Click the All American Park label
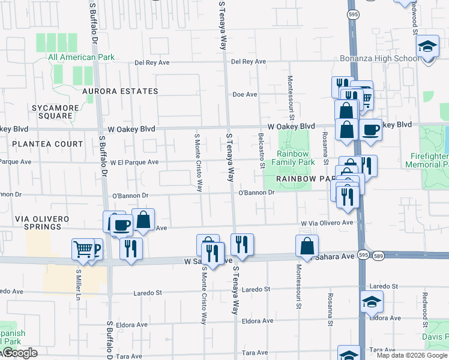click(x=80, y=58)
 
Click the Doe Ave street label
click(x=244, y=95)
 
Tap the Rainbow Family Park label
click(x=293, y=158)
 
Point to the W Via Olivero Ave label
click(x=327, y=223)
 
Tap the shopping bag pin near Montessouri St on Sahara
click(x=307, y=246)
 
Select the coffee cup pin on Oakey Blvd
click(x=370, y=129)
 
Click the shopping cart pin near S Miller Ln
click(x=83, y=248)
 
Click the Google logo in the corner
click(x=19, y=353)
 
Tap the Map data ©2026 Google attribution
click(x=412, y=355)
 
